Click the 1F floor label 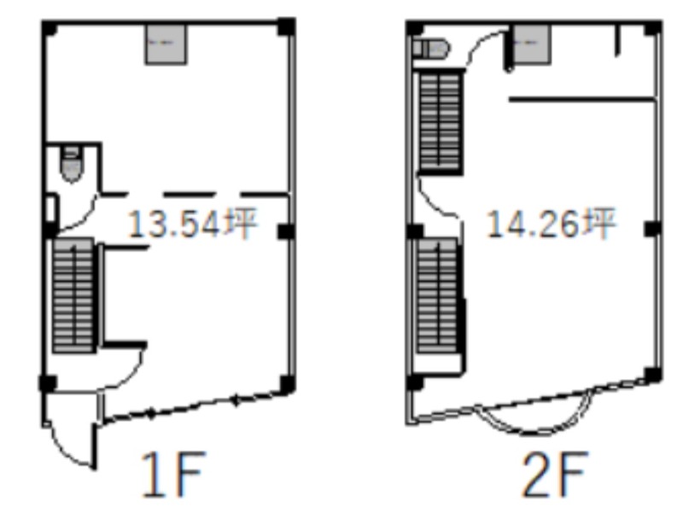(173, 475)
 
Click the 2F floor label (554, 475)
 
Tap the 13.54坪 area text (193, 224)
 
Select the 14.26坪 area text (551, 224)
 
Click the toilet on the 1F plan (72, 165)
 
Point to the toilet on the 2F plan (431, 49)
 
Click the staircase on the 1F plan (73, 295)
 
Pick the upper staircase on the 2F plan (440, 122)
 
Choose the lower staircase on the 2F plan (437, 295)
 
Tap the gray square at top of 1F (166, 44)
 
